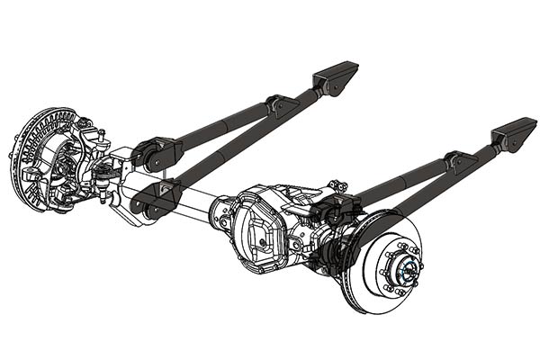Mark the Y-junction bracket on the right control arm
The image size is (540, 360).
click(x=459, y=162)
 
